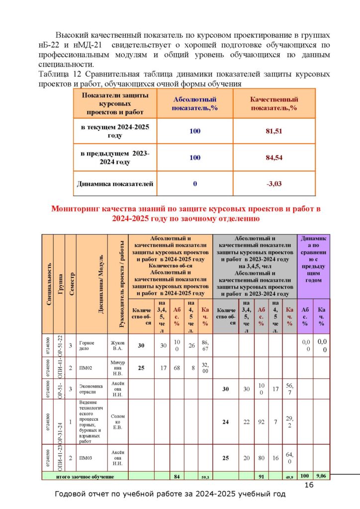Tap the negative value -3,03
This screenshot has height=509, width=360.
point(274,183)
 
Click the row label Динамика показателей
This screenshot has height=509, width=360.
point(115,183)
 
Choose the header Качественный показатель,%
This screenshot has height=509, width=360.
point(274,103)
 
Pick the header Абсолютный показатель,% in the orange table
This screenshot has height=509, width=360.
point(195,103)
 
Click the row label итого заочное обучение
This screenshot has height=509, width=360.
point(85,476)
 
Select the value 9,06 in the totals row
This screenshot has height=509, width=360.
point(321,476)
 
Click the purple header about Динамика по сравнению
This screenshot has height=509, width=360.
point(313,259)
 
